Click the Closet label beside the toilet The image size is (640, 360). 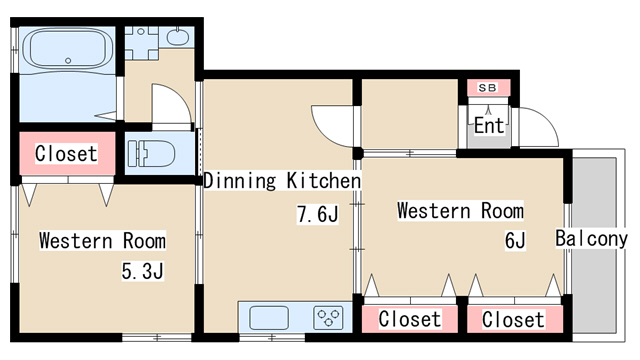[66, 154]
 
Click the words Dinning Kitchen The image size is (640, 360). [281, 181]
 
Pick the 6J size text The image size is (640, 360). [514, 240]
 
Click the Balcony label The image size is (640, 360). [591, 239]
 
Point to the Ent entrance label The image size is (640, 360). [489, 126]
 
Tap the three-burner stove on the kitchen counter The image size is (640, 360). [328, 319]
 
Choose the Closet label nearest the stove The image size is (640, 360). [410, 319]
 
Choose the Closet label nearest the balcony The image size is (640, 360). [514, 319]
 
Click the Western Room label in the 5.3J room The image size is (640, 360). [103, 241]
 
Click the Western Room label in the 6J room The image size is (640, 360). [460, 211]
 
